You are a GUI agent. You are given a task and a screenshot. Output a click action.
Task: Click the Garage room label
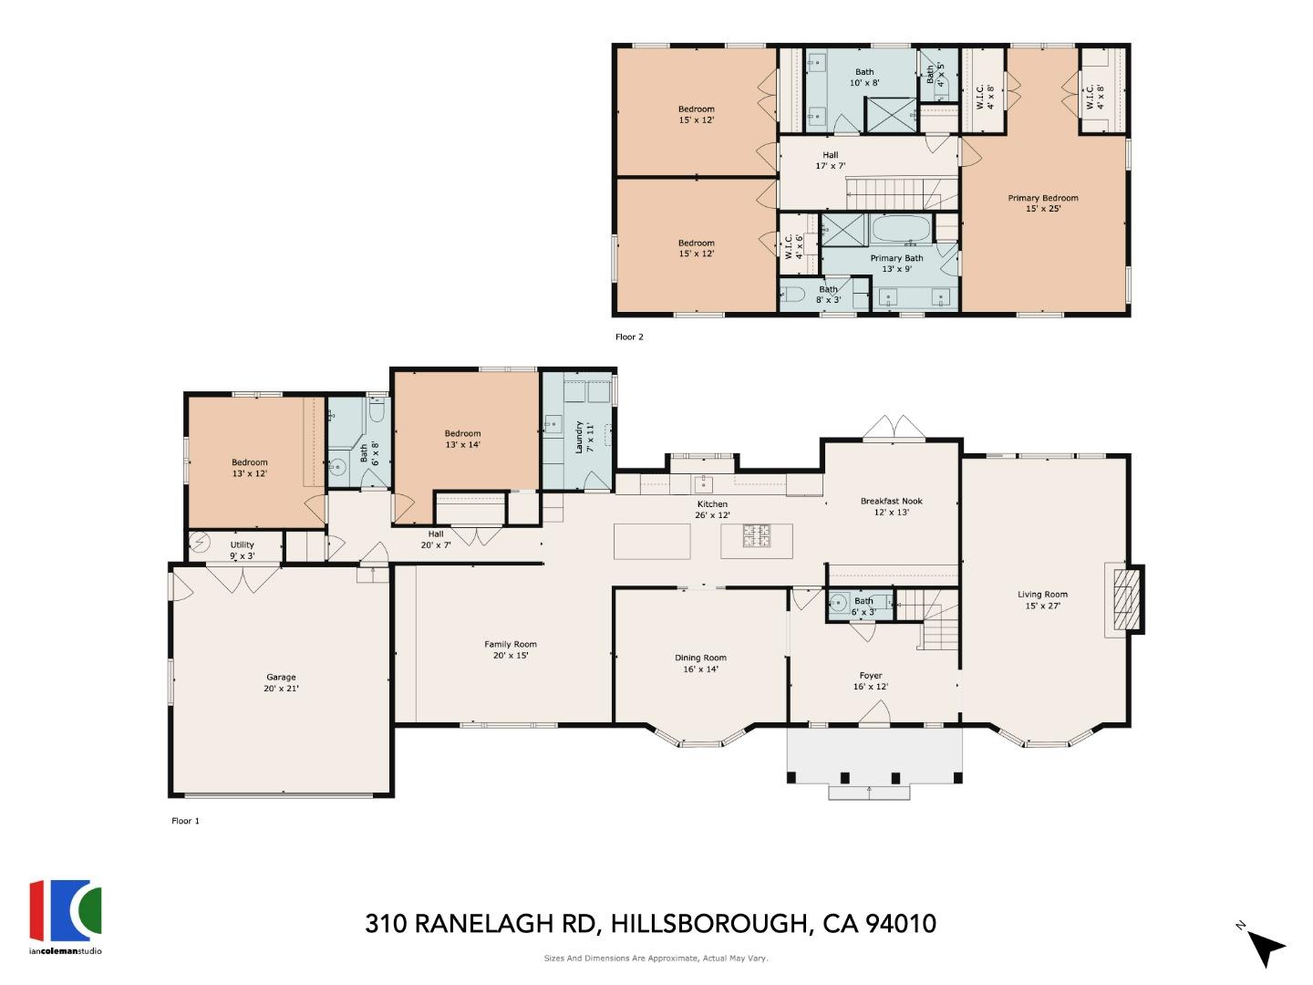pos(281,682)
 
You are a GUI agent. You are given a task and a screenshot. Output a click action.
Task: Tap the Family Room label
pos(511,649)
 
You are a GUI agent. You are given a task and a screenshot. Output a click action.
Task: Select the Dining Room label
pos(700,663)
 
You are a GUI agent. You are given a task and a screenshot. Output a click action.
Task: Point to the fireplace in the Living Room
pos(1124,599)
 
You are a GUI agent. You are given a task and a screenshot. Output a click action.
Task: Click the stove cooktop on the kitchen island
pos(757,537)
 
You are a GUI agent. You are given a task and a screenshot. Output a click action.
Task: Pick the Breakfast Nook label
pos(891,506)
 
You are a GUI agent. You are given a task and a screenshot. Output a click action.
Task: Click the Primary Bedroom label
pos(1042,202)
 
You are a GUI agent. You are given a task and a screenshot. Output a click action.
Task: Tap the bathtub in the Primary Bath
pos(900,228)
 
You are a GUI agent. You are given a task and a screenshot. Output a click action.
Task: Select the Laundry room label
pos(584,437)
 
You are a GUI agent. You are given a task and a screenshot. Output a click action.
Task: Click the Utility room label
pos(242,550)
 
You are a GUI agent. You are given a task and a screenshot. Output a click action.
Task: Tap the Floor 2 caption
pos(629,337)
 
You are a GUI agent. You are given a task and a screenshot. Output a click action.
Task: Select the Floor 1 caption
pos(185,821)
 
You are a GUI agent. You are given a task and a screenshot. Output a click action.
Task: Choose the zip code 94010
pos(901,924)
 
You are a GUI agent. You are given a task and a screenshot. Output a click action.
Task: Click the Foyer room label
pos(870,681)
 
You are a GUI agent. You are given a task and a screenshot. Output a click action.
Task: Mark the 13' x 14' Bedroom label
pos(462,439)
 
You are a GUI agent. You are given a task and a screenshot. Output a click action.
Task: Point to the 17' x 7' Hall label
pos(830,161)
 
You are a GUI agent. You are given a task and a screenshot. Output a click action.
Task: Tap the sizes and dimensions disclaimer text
pos(656,959)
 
